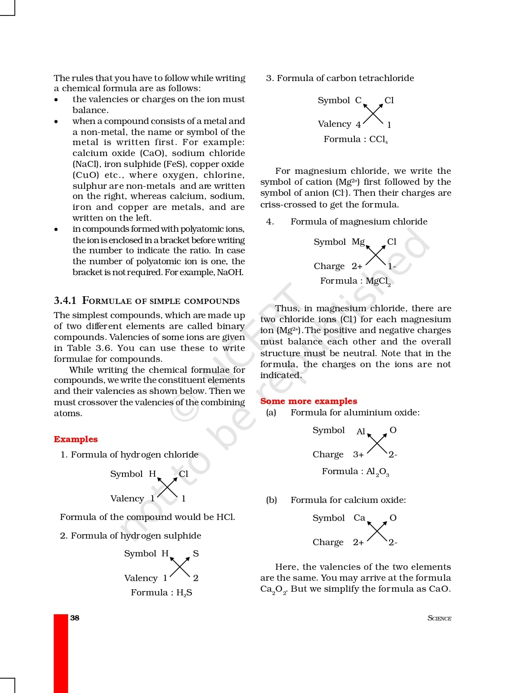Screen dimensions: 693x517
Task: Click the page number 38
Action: pyautogui.click(x=75, y=618)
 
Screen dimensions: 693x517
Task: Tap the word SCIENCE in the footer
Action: pyautogui.click(x=439, y=618)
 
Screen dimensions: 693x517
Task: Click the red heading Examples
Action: pyautogui.click(x=76, y=439)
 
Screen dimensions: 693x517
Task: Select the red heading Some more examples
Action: pyautogui.click(x=309, y=401)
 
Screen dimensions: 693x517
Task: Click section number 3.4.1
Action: pyautogui.click(x=65, y=300)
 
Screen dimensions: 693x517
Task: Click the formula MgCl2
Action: pyautogui.click(x=378, y=281)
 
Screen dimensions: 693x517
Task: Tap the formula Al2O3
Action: pyautogui.click(x=378, y=472)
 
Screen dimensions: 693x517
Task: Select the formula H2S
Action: pyautogui.click(x=184, y=593)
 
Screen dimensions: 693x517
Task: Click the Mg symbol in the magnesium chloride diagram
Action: pyautogui.click(x=358, y=242)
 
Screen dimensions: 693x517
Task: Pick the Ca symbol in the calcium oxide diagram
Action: pyautogui.click(x=359, y=518)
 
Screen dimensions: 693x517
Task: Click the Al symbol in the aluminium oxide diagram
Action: pyautogui.click(x=360, y=432)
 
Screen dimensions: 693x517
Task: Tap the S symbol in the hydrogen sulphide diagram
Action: pyautogui.click(x=196, y=554)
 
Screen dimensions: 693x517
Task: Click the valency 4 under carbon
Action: pyautogui.click(x=358, y=124)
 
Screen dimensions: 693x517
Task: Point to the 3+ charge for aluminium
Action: pyautogui.click(x=358, y=455)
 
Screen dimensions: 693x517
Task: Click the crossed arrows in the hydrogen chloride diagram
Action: pyautogui.click(x=167, y=487)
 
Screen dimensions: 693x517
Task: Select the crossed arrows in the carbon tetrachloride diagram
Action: pyautogui.click(x=373, y=113)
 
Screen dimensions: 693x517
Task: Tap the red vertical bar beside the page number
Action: pyautogui.click(x=61, y=652)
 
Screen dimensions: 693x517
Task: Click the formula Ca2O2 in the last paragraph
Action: pyautogui.click(x=274, y=589)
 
